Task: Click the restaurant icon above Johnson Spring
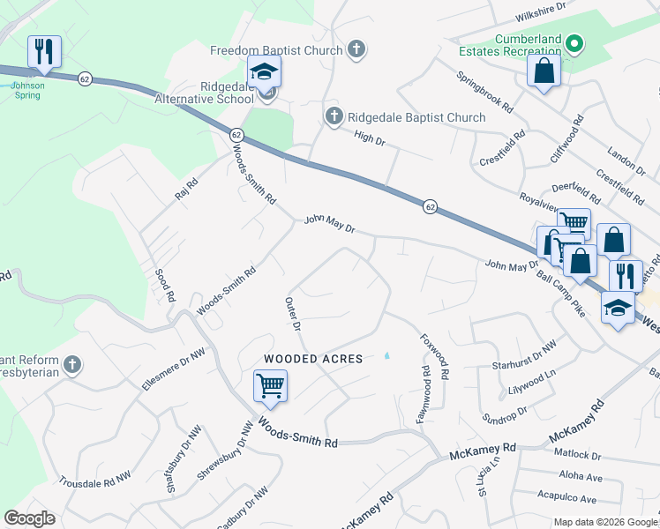43,51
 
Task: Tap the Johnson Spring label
26,90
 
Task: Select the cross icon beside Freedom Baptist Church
356,49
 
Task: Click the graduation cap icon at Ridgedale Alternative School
264,73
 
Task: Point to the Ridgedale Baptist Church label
416,117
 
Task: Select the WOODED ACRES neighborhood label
313,359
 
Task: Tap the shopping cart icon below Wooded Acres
270,385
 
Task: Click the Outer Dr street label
293,315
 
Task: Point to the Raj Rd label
186,189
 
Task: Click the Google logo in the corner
29,518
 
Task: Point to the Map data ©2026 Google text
604,522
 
